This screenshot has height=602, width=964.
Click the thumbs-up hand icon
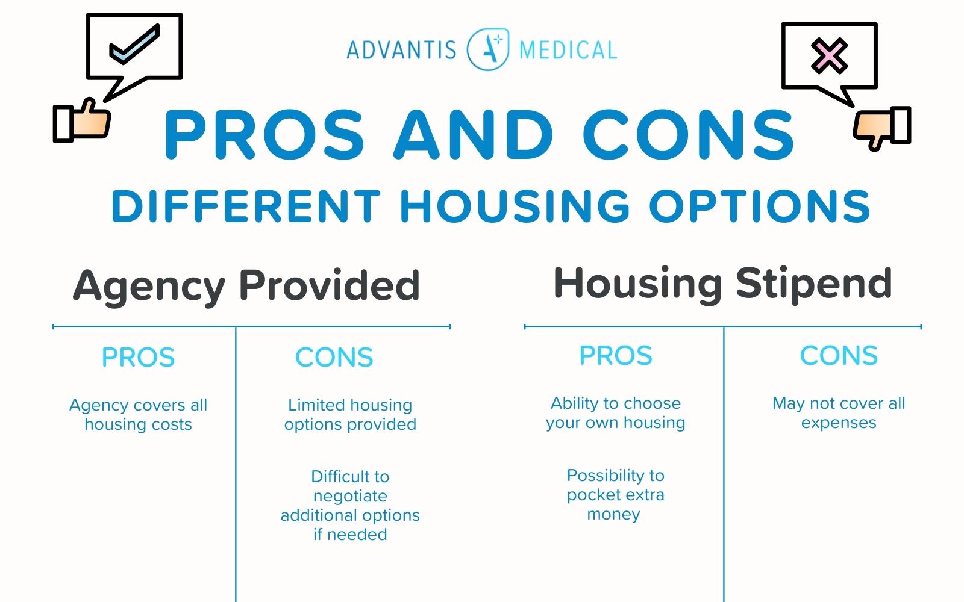pos(83,120)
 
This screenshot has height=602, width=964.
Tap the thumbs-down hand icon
pos(881,126)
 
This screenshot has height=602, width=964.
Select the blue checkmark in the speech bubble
pos(134,45)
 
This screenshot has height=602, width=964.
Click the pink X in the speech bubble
pos(829,55)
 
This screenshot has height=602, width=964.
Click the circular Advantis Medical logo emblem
pos(488,49)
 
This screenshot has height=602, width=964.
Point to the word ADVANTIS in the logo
pos(402,50)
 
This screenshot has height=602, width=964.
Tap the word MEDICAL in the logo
pos(568,50)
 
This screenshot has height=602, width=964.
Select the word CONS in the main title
pos(689,135)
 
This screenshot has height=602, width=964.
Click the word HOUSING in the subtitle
pos(515,206)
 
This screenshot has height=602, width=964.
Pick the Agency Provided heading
pos(246,285)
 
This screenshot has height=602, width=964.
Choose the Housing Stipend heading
pos(722,283)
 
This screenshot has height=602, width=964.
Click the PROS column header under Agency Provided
pos(138,358)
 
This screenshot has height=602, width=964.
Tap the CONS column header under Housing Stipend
pos(839,356)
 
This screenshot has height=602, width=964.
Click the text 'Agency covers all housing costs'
pos(138,415)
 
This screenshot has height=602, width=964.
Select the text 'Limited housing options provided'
pos(350,415)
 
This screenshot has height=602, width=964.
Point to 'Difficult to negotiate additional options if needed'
pos(350,505)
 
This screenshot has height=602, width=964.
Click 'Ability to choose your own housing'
pos(615,413)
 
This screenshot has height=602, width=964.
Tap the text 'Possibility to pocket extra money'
pos(615,494)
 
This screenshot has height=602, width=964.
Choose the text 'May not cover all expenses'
pos(839,413)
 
